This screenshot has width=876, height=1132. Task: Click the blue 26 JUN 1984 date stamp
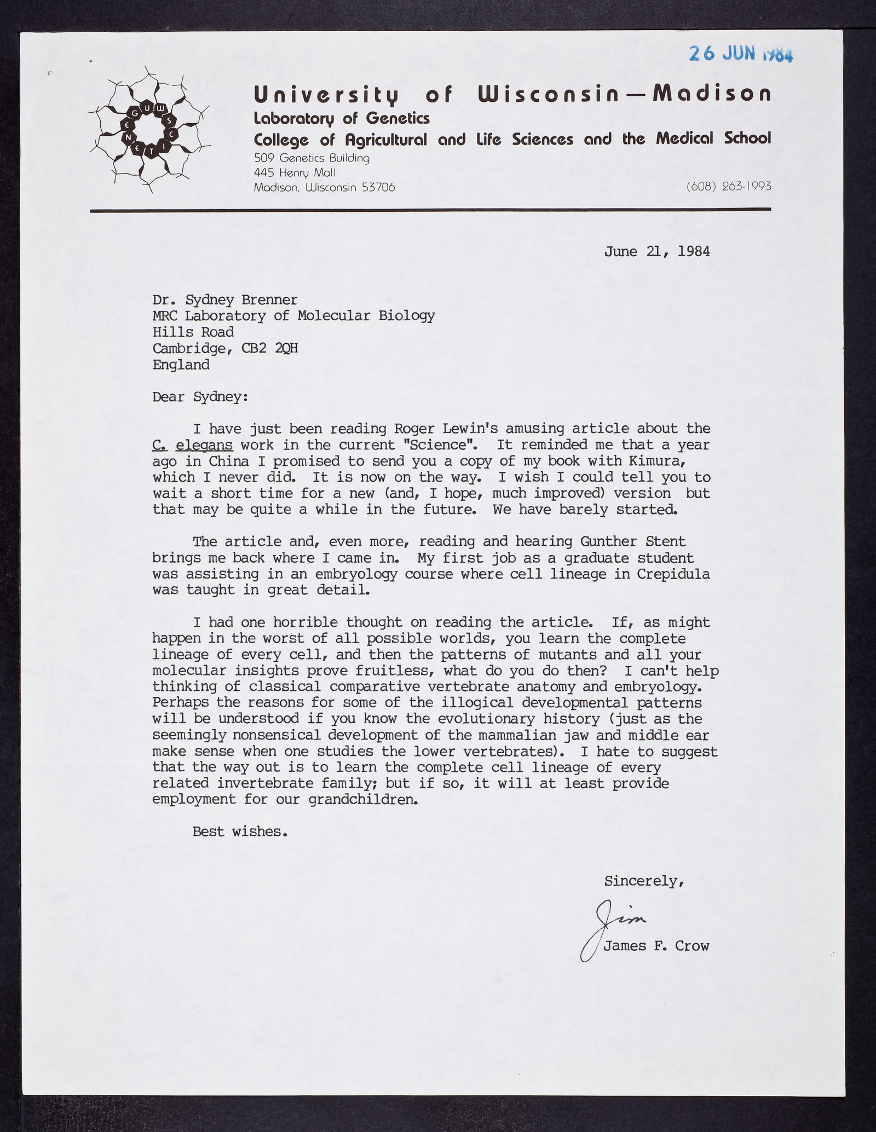[740, 54]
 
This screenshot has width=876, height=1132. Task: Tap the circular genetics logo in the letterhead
[149, 129]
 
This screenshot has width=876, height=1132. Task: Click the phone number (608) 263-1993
[728, 187]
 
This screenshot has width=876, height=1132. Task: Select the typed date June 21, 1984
[656, 251]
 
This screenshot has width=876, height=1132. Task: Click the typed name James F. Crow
[655, 946]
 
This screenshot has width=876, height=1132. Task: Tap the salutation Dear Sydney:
[200, 396]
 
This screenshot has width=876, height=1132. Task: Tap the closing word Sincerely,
[643, 881]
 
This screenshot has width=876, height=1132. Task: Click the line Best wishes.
[239, 832]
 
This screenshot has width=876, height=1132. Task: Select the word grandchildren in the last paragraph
[362, 800]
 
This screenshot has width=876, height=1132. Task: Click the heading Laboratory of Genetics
[342, 118]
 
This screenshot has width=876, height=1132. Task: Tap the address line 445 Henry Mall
[295, 173]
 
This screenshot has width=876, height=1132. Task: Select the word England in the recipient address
[181, 365]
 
